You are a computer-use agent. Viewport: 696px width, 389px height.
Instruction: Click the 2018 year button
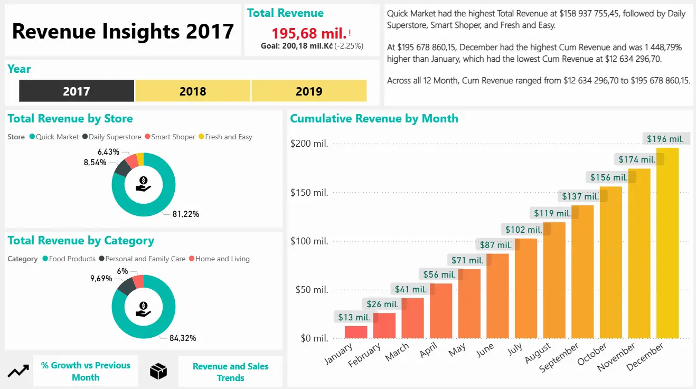point(193,91)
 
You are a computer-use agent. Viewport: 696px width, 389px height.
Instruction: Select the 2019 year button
point(309,91)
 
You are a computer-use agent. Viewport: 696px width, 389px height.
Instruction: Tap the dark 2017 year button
point(77,91)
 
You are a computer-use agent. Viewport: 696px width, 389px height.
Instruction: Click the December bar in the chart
point(667,243)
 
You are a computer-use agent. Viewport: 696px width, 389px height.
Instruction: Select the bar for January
point(356,332)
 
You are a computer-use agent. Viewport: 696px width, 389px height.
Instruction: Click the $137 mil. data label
point(580,196)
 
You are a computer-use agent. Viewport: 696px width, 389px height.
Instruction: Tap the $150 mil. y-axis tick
point(309,193)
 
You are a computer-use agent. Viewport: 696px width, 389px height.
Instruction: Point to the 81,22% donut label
point(185,214)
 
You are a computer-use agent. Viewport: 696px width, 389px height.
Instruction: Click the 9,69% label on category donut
point(101,278)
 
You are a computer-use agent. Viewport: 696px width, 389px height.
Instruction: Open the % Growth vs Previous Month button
point(86,371)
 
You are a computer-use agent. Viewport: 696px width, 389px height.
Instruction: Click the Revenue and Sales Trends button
point(230,372)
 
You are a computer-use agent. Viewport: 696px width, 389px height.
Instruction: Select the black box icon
point(158,371)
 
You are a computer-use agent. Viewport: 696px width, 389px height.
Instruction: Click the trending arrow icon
point(18,371)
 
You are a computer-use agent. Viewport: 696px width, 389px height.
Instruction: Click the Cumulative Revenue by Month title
point(374,119)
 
